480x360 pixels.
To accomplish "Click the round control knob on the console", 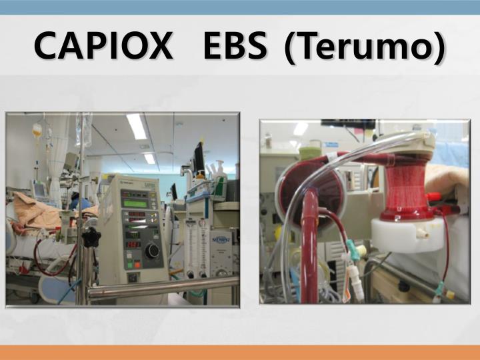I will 153,251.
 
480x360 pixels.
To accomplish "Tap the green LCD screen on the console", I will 135,203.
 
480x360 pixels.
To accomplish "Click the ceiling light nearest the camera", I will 137,125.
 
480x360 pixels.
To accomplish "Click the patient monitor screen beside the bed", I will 40,190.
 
